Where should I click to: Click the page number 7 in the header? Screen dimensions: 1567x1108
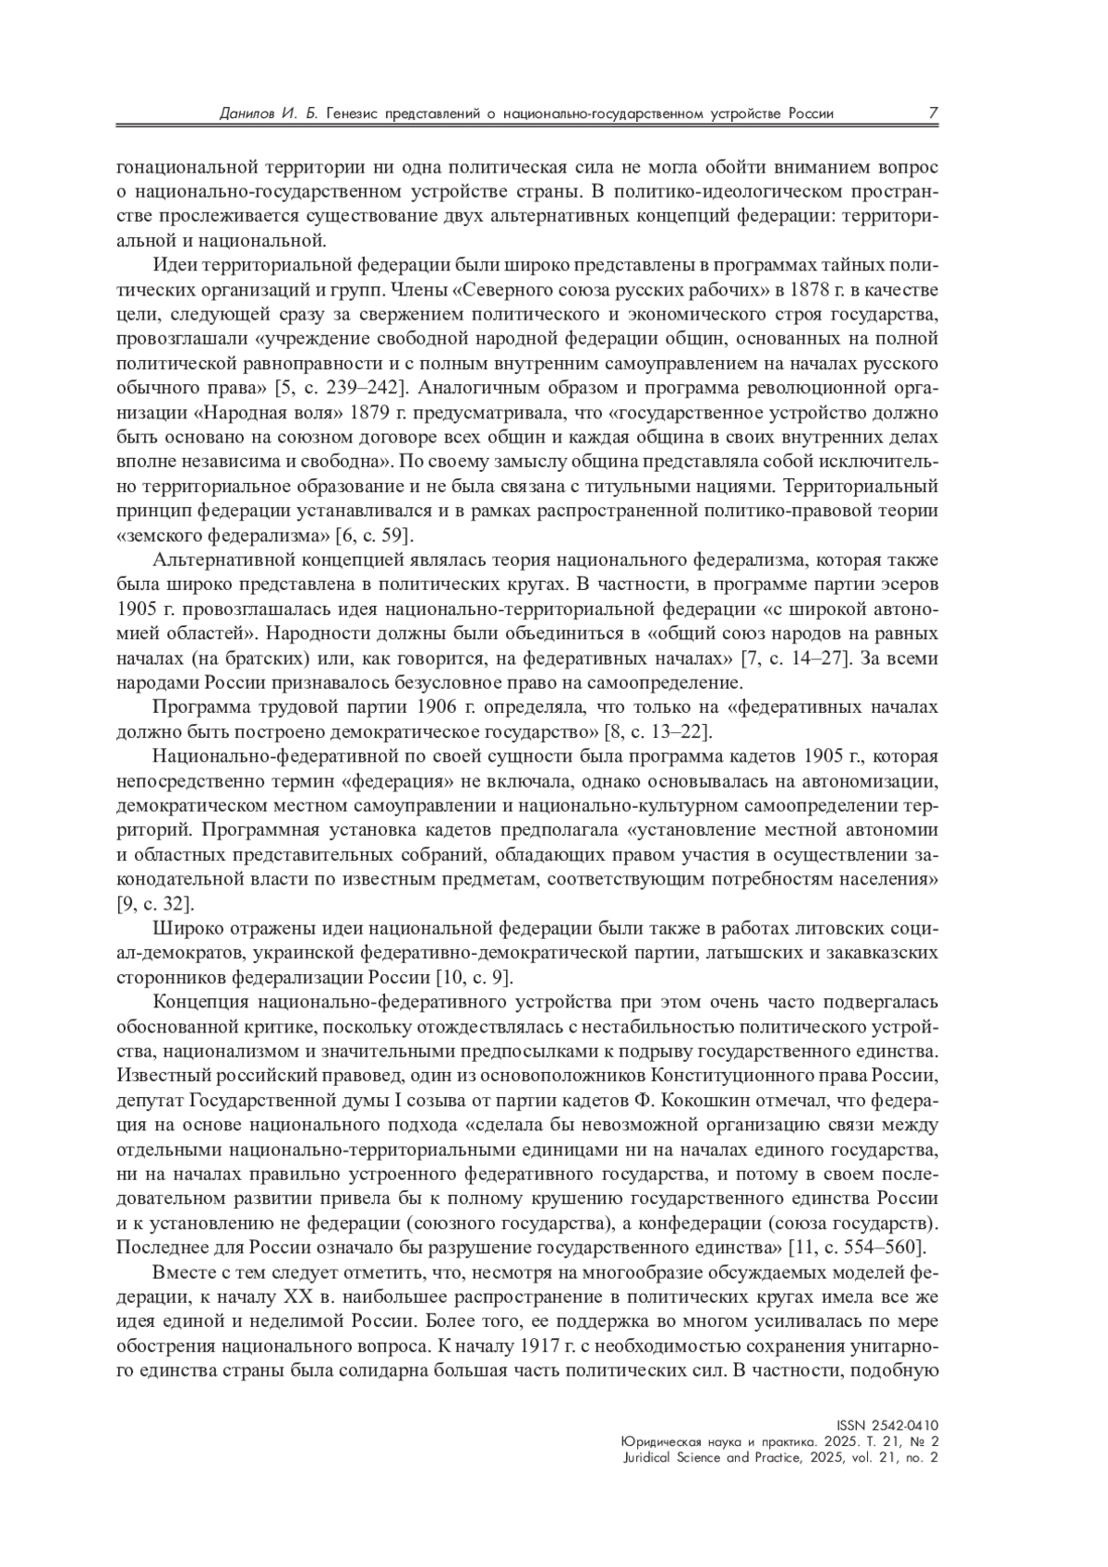pos(933,114)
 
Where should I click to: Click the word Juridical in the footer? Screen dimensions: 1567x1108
pos(647,1458)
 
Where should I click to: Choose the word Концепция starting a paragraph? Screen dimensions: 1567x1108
pos(199,1003)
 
